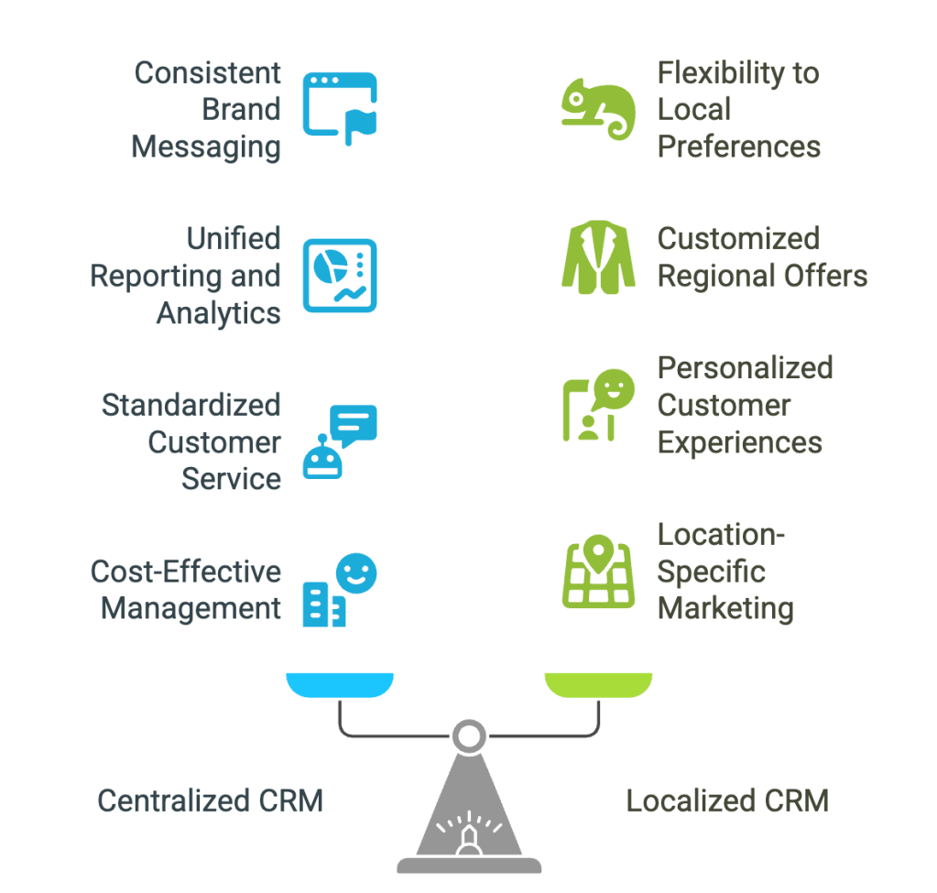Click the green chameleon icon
pyautogui.click(x=597, y=108)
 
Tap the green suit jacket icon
pyautogui.click(x=597, y=257)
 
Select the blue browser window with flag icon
pyautogui.click(x=339, y=109)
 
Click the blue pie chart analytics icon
pyautogui.click(x=339, y=275)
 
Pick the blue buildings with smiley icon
pyautogui.click(x=339, y=591)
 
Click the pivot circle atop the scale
pyautogui.click(x=469, y=735)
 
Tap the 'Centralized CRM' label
pyautogui.click(x=210, y=801)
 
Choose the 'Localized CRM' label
pyautogui.click(x=727, y=801)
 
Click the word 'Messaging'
pyautogui.click(x=206, y=147)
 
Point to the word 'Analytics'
pyautogui.click(x=219, y=313)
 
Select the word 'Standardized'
pyautogui.click(x=191, y=405)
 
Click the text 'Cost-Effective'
pyautogui.click(x=185, y=572)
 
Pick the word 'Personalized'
pyautogui.click(x=745, y=368)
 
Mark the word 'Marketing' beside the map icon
pyautogui.click(x=725, y=608)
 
